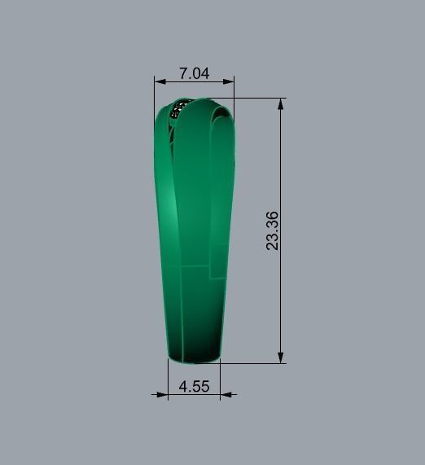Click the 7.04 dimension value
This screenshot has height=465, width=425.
click(194, 73)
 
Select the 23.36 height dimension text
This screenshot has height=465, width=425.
click(273, 230)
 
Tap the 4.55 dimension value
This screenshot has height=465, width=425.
click(194, 386)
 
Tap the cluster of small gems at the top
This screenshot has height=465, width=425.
click(180, 109)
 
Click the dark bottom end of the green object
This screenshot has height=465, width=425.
click(194, 352)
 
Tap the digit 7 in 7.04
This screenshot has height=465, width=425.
click(183, 73)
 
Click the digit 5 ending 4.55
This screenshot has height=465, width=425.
click(204, 386)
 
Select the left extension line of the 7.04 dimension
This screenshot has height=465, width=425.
click(155, 94)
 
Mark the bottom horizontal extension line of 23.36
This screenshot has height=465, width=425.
click(252, 362)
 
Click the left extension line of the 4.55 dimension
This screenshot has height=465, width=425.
click(168, 379)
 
